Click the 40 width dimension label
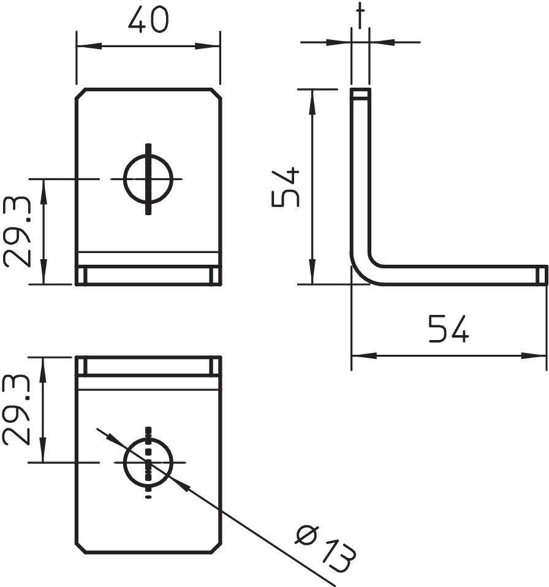click(148, 20)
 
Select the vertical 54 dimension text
click(286, 187)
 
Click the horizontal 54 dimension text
click(448, 329)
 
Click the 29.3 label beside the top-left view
click(18, 232)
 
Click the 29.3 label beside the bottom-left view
click(18, 411)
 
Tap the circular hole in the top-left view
click(148, 179)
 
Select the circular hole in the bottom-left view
click(148, 463)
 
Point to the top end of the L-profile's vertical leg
click(360, 94)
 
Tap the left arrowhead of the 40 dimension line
click(83, 47)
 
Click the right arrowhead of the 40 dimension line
click(213, 47)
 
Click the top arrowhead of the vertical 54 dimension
click(312, 97)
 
